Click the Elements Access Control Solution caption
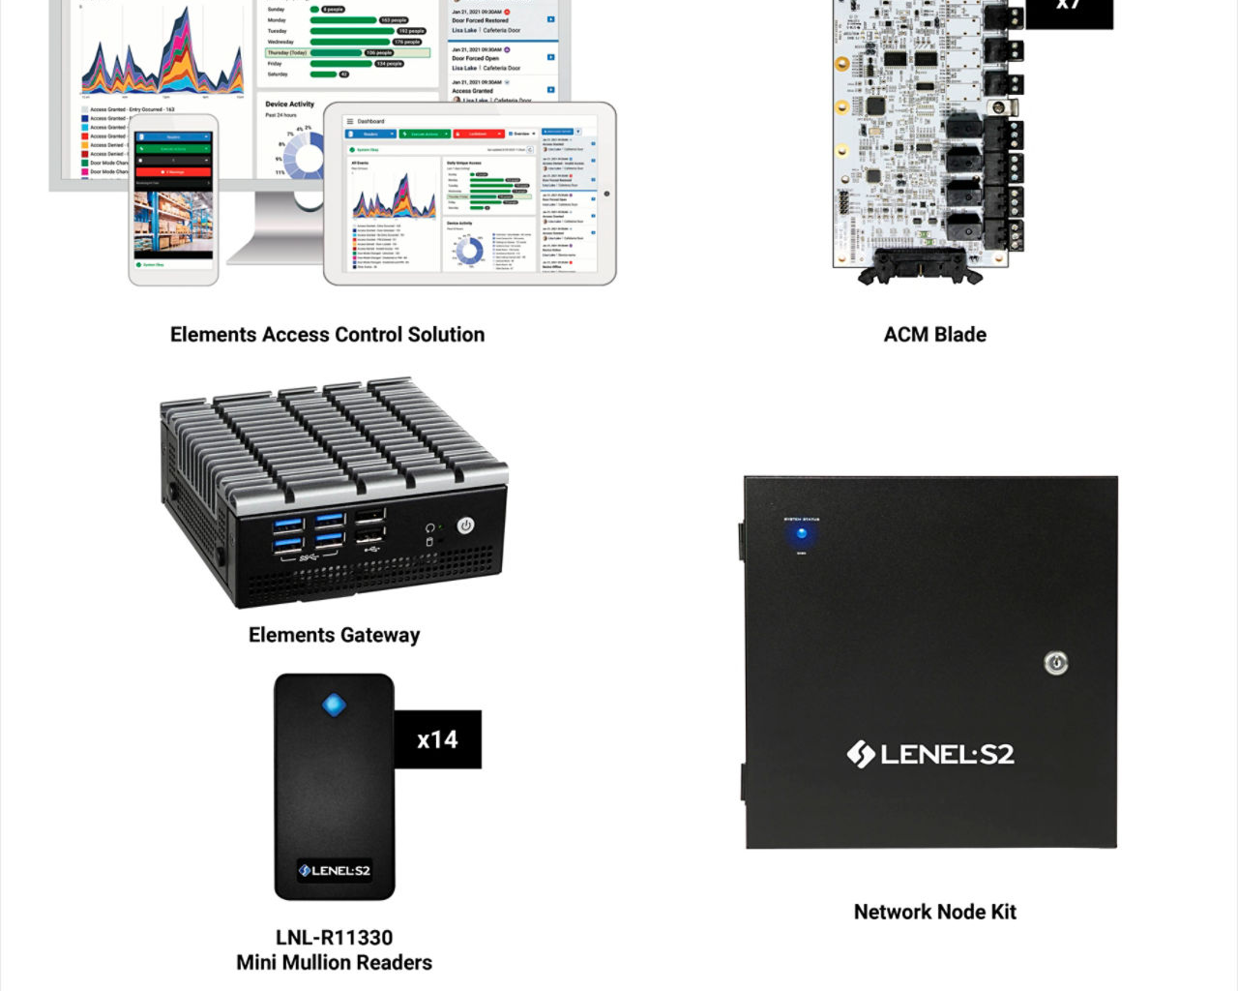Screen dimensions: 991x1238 click(327, 335)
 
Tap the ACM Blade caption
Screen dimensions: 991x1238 click(934, 335)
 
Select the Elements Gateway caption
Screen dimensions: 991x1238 click(334, 635)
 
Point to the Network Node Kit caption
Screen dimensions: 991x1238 click(934, 912)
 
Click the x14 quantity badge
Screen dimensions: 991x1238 click(437, 740)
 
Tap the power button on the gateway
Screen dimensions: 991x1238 click(465, 526)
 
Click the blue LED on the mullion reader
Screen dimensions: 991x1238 click(334, 705)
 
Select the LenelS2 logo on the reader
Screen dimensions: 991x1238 click(334, 870)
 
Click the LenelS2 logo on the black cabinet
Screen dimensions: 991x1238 click(930, 754)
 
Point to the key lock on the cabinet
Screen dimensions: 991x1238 click(1055, 663)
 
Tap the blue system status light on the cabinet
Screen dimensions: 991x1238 click(802, 533)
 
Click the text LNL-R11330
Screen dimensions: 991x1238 click(334, 937)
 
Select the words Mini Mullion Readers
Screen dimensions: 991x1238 click(334, 963)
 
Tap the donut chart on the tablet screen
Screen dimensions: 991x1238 click(469, 250)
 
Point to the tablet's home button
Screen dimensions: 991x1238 click(606, 194)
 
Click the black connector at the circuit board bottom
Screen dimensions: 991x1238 click(920, 263)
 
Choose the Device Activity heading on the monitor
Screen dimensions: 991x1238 click(289, 105)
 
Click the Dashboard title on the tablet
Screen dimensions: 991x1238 click(370, 121)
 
